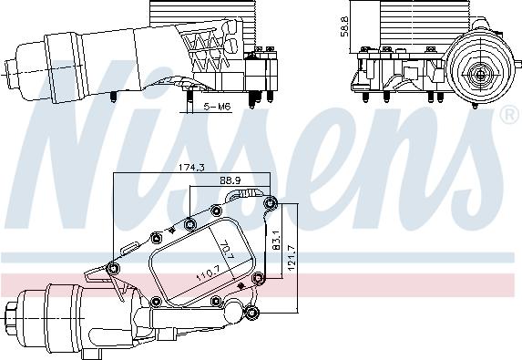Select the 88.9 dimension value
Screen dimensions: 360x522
(x=230, y=181)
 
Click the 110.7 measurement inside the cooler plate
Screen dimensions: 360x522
(x=209, y=272)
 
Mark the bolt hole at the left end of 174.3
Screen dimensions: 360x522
(x=112, y=267)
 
